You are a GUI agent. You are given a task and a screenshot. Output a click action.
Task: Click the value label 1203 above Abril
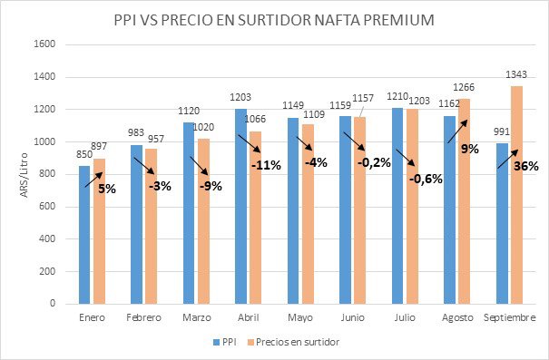click(x=240, y=101)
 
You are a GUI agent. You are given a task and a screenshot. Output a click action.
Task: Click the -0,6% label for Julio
click(x=425, y=179)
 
